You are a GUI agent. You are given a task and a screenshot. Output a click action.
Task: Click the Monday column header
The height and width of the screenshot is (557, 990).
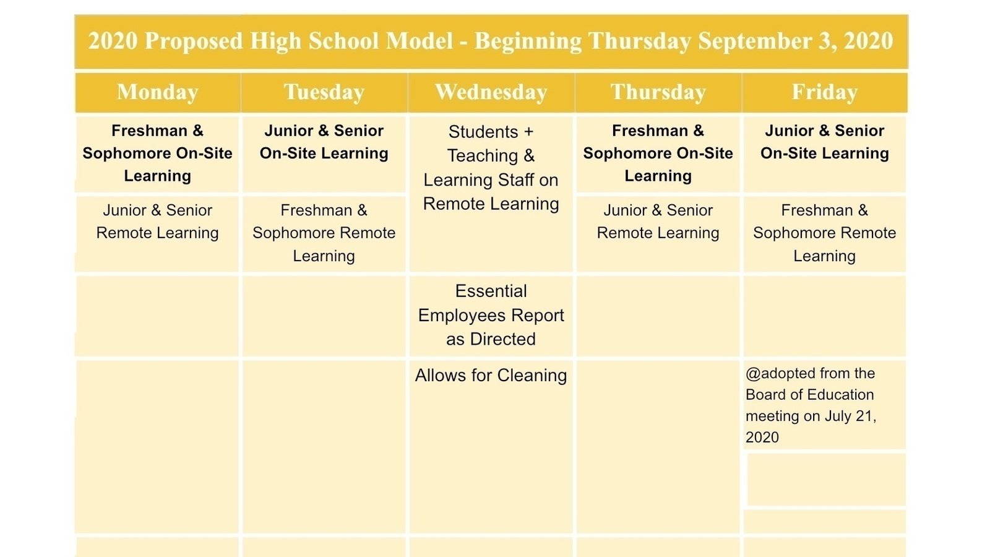pyautogui.click(x=157, y=92)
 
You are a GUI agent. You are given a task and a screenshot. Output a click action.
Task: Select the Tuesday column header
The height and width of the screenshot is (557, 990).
pyautogui.click(x=324, y=92)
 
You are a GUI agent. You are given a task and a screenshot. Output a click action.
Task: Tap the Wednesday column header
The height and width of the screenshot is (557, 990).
pyautogui.click(x=491, y=92)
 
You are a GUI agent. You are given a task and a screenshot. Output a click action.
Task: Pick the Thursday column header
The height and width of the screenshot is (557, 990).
pyautogui.click(x=658, y=92)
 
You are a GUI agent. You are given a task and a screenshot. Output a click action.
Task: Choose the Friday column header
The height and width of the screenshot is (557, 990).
pyautogui.click(x=825, y=92)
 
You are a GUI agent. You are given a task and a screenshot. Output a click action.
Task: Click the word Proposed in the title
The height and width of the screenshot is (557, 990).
pyautogui.click(x=194, y=41)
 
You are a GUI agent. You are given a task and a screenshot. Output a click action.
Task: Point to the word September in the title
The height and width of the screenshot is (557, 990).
pyautogui.click(x=755, y=41)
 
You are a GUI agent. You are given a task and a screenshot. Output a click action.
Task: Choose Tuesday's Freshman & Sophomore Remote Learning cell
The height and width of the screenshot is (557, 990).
pyautogui.click(x=324, y=233)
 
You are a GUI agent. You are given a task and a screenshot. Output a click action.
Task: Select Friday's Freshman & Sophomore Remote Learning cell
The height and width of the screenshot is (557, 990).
pyautogui.click(x=825, y=233)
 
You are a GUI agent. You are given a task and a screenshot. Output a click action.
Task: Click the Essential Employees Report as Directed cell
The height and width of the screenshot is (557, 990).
pyautogui.click(x=491, y=315)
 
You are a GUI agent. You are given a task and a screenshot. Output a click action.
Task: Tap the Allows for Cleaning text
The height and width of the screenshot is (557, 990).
pyautogui.click(x=491, y=376)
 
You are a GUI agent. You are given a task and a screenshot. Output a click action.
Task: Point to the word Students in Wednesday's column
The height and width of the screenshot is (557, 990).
pyautogui.click(x=483, y=132)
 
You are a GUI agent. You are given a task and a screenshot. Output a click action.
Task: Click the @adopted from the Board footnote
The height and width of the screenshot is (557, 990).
pyautogui.click(x=811, y=405)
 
